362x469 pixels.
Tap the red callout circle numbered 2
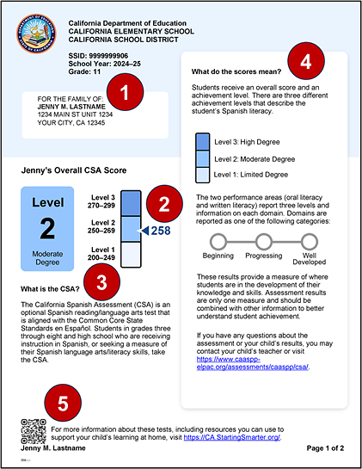(160, 206)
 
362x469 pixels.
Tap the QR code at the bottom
(32, 430)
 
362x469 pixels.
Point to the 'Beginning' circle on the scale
(218, 241)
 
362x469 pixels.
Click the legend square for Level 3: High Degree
(202, 141)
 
